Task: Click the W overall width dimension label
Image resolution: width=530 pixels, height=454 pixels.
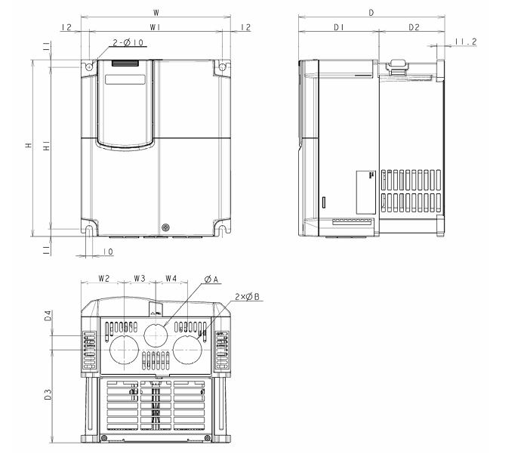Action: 156,13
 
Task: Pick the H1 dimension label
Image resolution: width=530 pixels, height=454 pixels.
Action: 47,148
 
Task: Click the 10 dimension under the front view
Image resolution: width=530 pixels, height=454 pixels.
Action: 108,252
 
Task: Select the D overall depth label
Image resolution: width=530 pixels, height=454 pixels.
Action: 371,13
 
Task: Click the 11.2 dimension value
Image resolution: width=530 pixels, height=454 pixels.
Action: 467,43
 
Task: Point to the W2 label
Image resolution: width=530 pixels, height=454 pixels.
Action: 104,279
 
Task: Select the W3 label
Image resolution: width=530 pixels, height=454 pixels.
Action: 139,279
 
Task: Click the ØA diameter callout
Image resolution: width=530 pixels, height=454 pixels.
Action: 211,279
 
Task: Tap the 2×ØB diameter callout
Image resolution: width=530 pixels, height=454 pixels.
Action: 247,297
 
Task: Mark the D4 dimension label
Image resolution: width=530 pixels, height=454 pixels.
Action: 48,316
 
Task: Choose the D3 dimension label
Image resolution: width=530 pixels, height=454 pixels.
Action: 48,394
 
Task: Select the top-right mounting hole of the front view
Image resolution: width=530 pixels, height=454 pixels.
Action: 222,68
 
